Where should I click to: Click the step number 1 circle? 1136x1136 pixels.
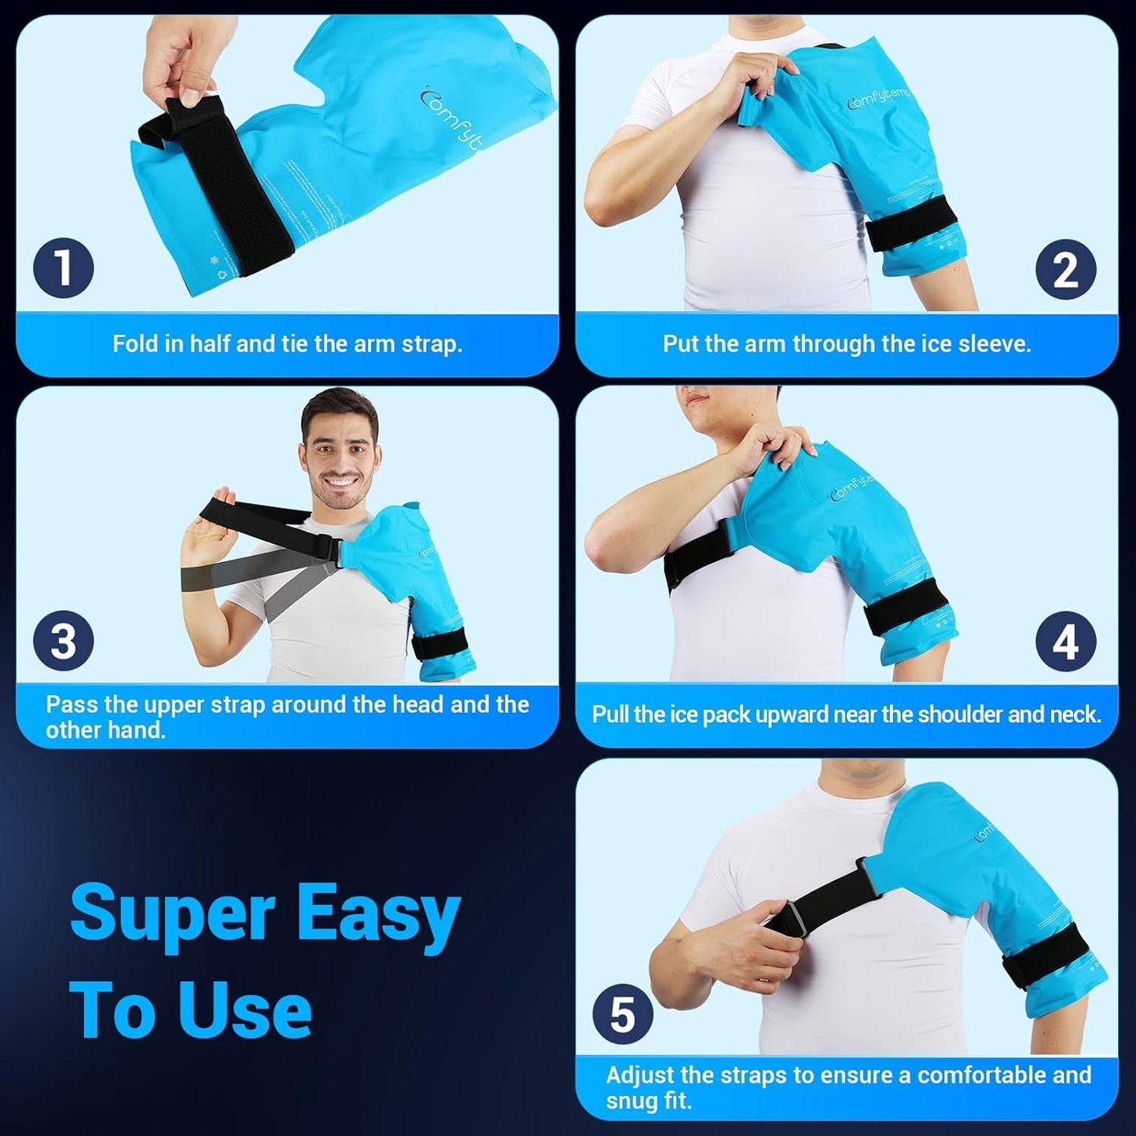[x=64, y=268]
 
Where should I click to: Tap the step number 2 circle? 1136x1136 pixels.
[x=1065, y=270]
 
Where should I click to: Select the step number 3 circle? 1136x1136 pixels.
[x=64, y=641]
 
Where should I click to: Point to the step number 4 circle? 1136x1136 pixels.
[x=1065, y=642]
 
